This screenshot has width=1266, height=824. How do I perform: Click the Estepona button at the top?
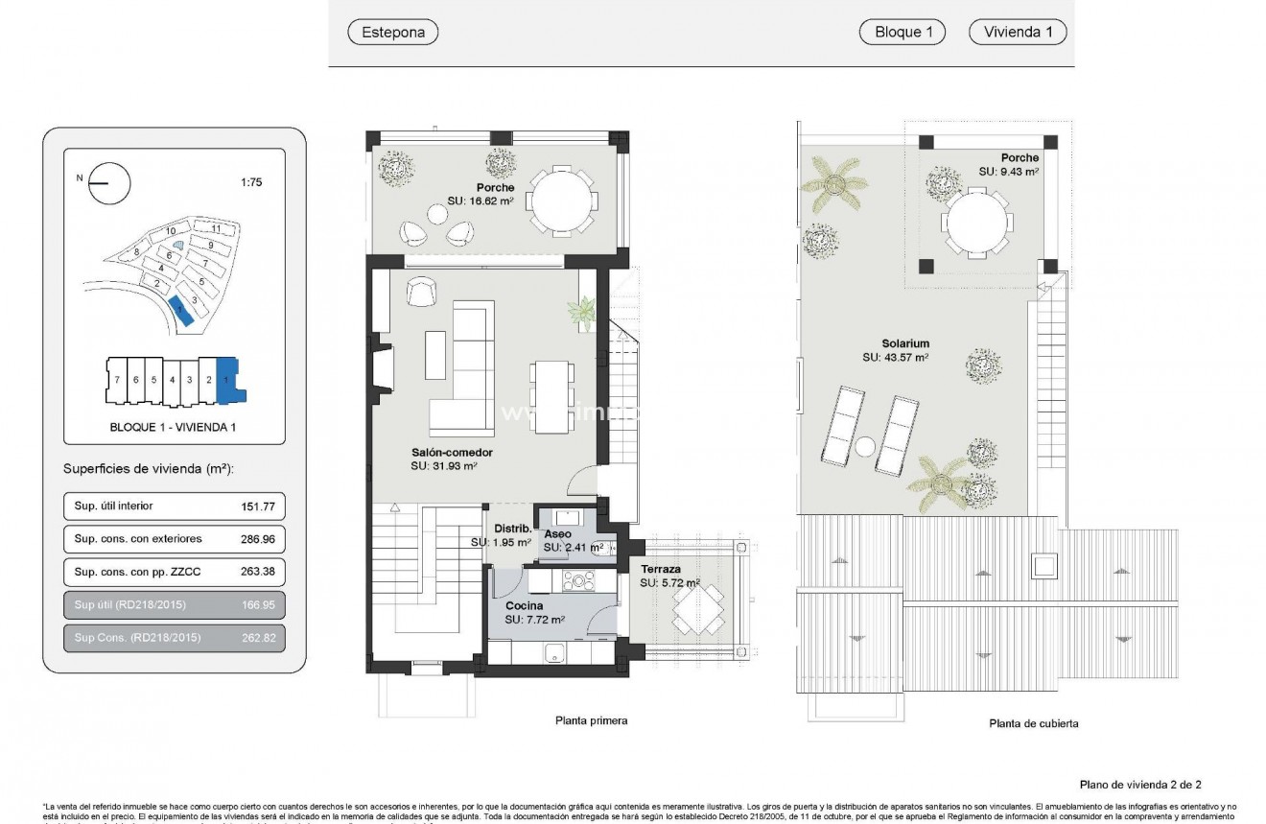392,32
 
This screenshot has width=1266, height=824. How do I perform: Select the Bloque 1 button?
902,32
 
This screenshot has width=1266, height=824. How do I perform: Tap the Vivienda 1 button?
1018,32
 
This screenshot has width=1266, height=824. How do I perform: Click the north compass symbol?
108,183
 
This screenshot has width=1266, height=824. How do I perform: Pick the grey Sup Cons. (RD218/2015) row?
174,638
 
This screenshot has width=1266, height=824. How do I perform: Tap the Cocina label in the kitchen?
524,606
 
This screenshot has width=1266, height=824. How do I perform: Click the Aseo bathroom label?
557,534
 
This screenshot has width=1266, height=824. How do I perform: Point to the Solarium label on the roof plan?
905,343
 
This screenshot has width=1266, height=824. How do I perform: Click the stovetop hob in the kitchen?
580,580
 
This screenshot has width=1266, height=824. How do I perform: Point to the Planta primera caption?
591,720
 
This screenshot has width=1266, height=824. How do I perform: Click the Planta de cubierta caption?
1033,723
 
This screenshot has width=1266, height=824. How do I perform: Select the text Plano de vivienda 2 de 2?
1140,784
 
